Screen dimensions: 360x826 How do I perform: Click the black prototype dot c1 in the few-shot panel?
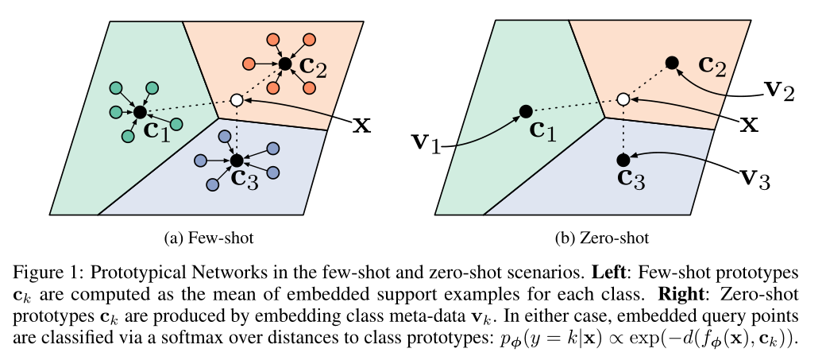click(x=140, y=112)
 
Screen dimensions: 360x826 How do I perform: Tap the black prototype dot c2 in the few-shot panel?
click(x=285, y=62)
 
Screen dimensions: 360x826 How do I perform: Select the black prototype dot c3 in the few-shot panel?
click(x=236, y=161)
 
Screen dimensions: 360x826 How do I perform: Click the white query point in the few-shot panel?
click(x=236, y=100)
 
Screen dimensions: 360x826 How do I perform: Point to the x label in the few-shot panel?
click(x=361, y=124)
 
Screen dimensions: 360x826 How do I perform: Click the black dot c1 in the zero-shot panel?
click(x=525, y=111)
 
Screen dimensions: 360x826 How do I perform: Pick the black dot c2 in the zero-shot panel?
click(x=671, y=62)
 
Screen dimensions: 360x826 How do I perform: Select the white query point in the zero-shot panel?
click(x=623, y=100)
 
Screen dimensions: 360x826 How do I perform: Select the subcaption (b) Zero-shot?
click(x=604, y=238)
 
